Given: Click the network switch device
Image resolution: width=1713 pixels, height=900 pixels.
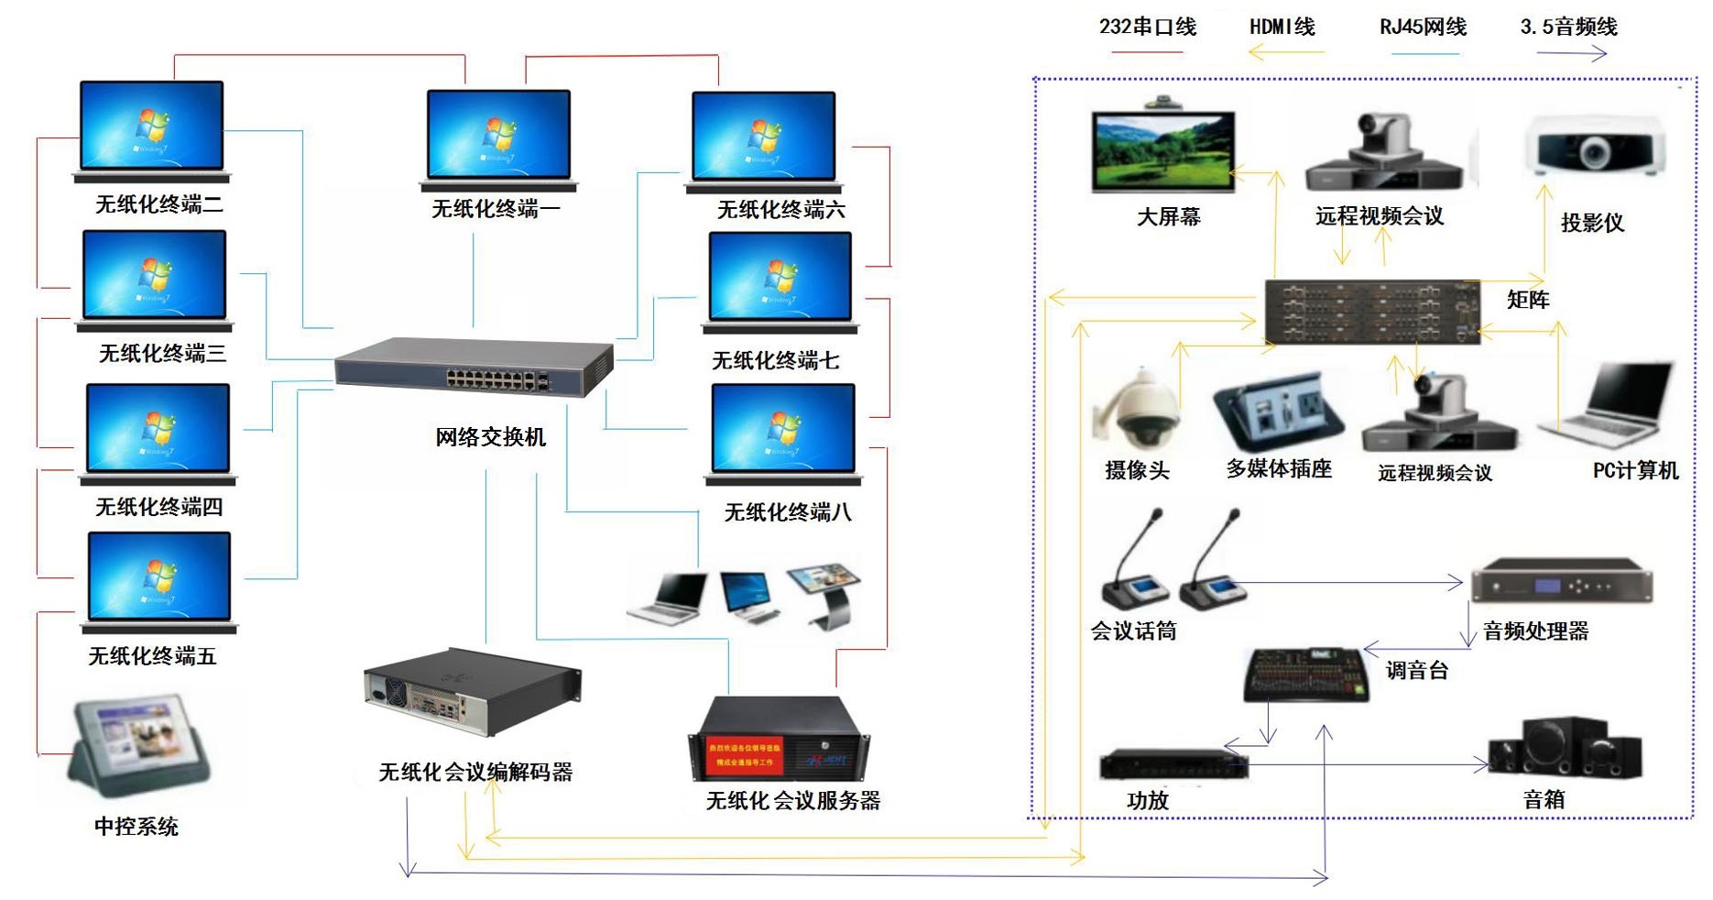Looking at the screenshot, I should point(474,367).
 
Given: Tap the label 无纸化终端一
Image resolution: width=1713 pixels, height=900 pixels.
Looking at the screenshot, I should point(496,209).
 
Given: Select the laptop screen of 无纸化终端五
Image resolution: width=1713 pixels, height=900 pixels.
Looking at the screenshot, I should point(159,576).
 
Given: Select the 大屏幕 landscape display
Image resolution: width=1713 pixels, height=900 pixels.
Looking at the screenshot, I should point(1163,149).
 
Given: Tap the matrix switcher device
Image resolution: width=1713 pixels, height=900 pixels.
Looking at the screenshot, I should point(1371,312).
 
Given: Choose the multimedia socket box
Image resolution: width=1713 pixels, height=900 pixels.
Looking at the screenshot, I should point(1279,412).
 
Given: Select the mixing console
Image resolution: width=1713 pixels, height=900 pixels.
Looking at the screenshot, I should point(1307,675).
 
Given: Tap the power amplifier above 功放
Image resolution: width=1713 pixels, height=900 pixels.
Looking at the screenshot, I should point(1173,764).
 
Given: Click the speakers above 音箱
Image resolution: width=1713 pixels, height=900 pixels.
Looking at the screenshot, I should point(1564,748).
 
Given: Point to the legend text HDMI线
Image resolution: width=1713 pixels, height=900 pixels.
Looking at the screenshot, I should point(1282,27).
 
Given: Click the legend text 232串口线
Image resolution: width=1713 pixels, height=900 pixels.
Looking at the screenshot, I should point(1148,27).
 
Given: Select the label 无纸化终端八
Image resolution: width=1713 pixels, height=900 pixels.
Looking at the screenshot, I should point(788,512).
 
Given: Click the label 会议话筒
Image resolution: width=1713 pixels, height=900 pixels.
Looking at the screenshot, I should point(1133,631).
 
